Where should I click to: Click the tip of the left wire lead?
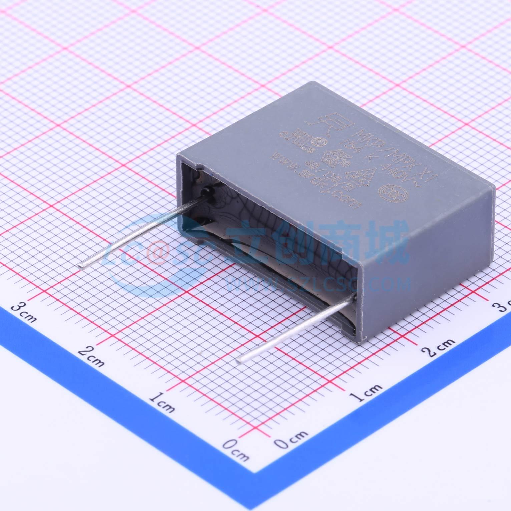[x=81, y=266]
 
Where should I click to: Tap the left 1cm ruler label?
[x=162, y=402]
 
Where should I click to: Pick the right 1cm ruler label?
[x=366, y=393]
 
